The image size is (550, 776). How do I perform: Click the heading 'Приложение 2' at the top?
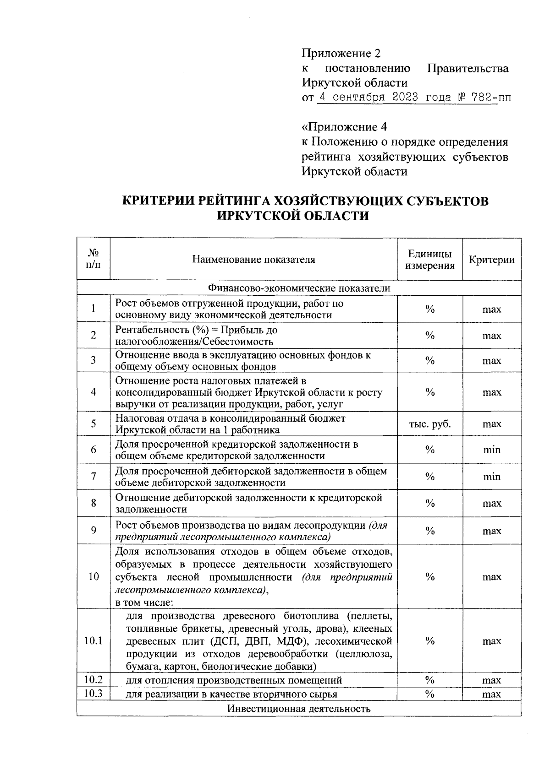(x=341, y=54)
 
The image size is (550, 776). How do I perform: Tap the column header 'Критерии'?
(x=491, y=260)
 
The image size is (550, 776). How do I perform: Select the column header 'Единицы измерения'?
(x=429, y=260)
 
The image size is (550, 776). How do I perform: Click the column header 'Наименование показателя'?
(x=253, y=260)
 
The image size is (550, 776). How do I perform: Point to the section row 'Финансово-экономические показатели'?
(x=299, y=288)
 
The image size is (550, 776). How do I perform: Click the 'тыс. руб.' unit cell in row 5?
(x=429, y=424)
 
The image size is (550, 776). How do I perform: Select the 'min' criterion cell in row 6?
(x=491, y=450)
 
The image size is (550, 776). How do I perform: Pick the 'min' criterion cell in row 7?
(x=491, y=477)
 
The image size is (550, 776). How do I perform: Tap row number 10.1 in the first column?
(x=93, y=641)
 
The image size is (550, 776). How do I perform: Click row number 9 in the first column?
(x=93, y=531)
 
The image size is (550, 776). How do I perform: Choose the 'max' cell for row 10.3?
(x=491, y=695)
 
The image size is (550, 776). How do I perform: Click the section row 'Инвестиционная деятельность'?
(x=299, y=709)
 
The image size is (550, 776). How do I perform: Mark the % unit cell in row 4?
(x=429, y=392)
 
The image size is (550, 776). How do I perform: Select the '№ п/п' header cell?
(x=93, y=259)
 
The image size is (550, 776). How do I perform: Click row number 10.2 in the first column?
(x=93, y=679)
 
